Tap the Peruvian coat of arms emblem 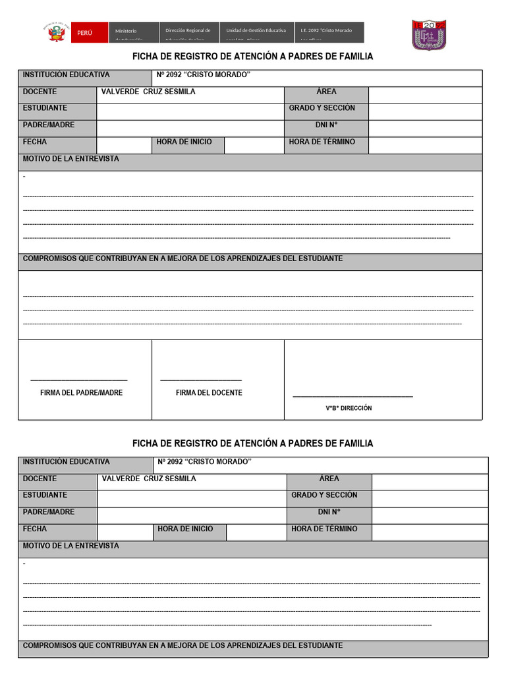coord(57,32)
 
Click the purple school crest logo coord(429,35)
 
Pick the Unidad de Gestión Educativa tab coord(256,32)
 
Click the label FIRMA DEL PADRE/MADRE coord(82,393)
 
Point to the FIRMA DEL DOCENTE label coord(209,393)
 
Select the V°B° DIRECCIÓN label coord(349,408)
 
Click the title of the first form coord(252,57)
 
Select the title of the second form coord(252,444)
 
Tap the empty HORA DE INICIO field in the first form coord(253,145)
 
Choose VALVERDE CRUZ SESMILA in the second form coord(149,479)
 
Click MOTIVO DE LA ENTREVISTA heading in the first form coord(71,160)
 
